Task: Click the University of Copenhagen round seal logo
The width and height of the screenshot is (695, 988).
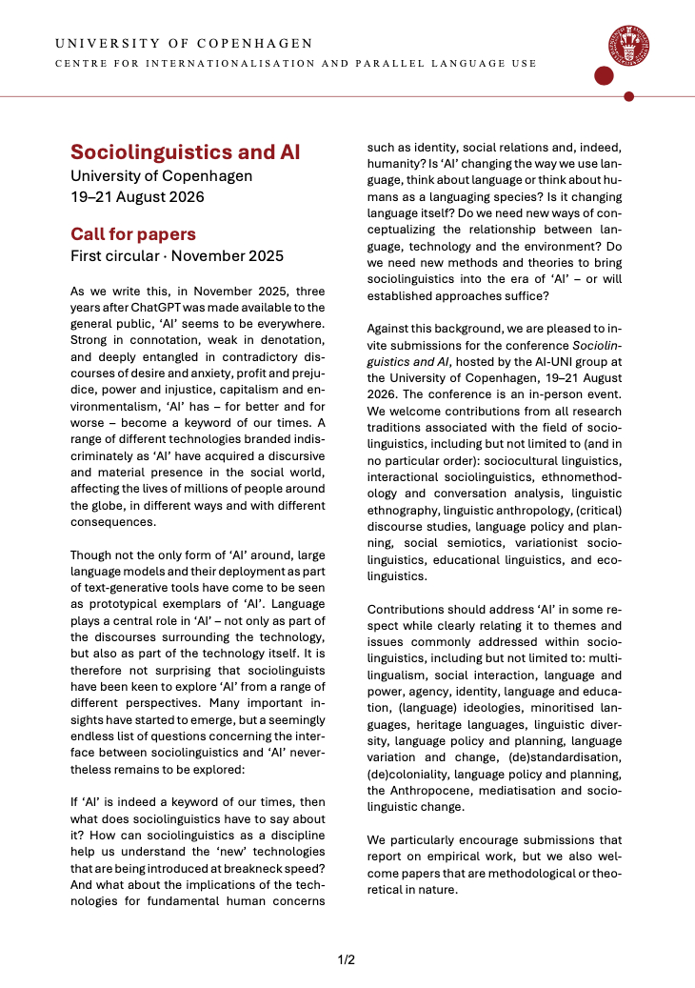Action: click(629, 46)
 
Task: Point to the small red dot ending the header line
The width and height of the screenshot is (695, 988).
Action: click(628, 96)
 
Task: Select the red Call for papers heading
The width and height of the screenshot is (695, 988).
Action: click(133, 234)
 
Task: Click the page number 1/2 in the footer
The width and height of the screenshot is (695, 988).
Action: click(347, 959)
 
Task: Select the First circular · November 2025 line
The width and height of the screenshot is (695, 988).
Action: click(176, 255)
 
